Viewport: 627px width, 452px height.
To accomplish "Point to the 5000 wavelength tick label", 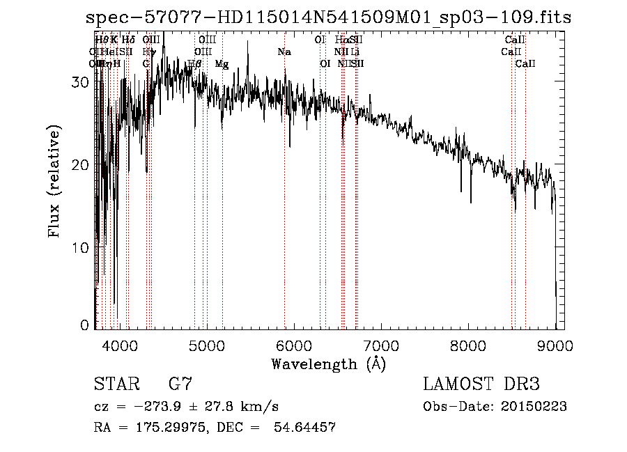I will click(207, 345).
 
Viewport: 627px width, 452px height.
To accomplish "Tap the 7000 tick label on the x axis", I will click(381, 345).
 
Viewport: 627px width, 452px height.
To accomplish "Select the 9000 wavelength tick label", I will click(555, 345).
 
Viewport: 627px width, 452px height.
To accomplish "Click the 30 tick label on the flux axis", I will click(82, 82).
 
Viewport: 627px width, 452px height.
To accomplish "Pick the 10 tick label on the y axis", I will click(82, 247).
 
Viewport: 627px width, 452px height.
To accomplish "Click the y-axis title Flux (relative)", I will click(54, 181).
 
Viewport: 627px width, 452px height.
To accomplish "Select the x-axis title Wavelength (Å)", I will click(328, 364).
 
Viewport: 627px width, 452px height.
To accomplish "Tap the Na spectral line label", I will click(284, 52).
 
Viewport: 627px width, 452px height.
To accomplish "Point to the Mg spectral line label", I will click(222, 64).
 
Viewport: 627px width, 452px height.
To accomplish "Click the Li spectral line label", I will click(355, 52).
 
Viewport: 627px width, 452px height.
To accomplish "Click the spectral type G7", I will click(180, 384).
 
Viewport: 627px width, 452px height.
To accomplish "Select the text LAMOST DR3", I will click(481, 384).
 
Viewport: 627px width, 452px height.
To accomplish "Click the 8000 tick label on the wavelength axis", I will click(468, 345).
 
